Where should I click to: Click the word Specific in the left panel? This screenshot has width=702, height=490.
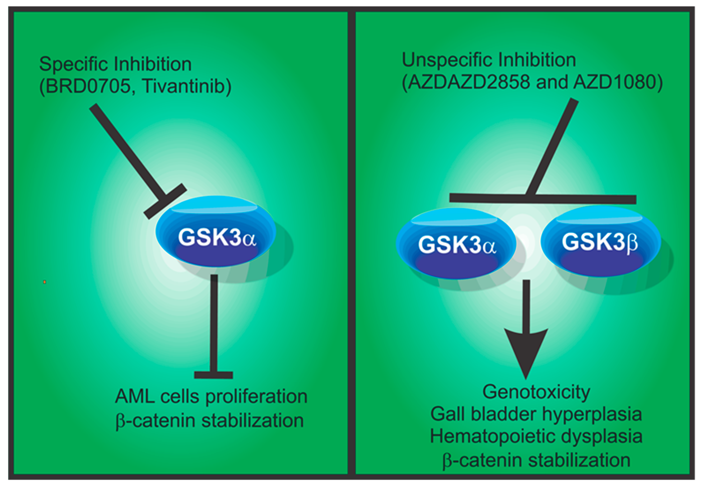coord(74,65)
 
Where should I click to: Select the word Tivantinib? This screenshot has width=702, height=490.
coord(186,86)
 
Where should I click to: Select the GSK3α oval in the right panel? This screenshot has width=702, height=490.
coord(456,244)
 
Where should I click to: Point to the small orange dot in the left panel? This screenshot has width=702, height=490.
coord(45,282)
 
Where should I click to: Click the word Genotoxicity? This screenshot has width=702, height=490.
coord(536,392)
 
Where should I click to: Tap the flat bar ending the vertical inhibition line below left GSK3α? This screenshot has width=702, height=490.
coord(214,375)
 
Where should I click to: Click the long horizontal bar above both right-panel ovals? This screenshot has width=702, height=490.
coord(543,199)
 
